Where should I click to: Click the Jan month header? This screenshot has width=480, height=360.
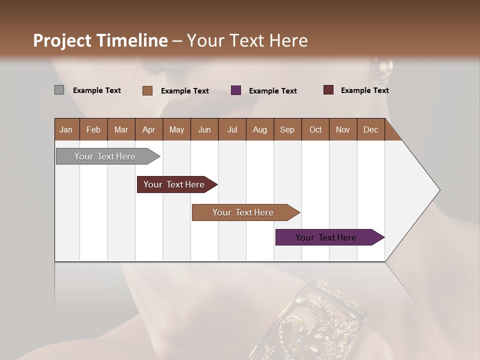pyautogui.click(x=66, y=129)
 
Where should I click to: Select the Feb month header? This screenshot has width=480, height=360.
pyautogui.click(x=93, y=129)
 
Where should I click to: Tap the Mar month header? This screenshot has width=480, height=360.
pyautogui.click(x=121, y=129)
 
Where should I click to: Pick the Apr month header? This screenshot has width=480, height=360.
pyautogui.click(x=149, y=129)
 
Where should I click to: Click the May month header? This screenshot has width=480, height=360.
pyautogui.click(x=176, y=129)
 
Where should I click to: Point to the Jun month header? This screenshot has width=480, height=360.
pyautogui.click(x=204, y=129)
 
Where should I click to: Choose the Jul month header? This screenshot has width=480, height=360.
pyautogui.click(x=232, y=129)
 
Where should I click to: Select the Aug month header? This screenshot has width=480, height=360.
pyautogui.click(x=260, y=129)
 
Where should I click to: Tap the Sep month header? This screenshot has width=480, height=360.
pyautogui.click(x=287, y=129)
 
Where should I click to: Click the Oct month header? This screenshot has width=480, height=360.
pyautogui.click(x=315, y=129)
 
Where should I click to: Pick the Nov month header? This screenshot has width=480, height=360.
pyautogui.click(x=343, y=129)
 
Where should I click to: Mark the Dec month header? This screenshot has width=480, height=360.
pyautogui.click(x=371, y=129)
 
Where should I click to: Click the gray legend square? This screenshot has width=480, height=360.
pyautogui.click(x=59, y=90)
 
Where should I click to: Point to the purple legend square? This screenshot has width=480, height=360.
pyautogui.click(x=236, y=90)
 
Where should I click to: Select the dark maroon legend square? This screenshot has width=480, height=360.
pyautogui.click(x=328, y=90)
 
